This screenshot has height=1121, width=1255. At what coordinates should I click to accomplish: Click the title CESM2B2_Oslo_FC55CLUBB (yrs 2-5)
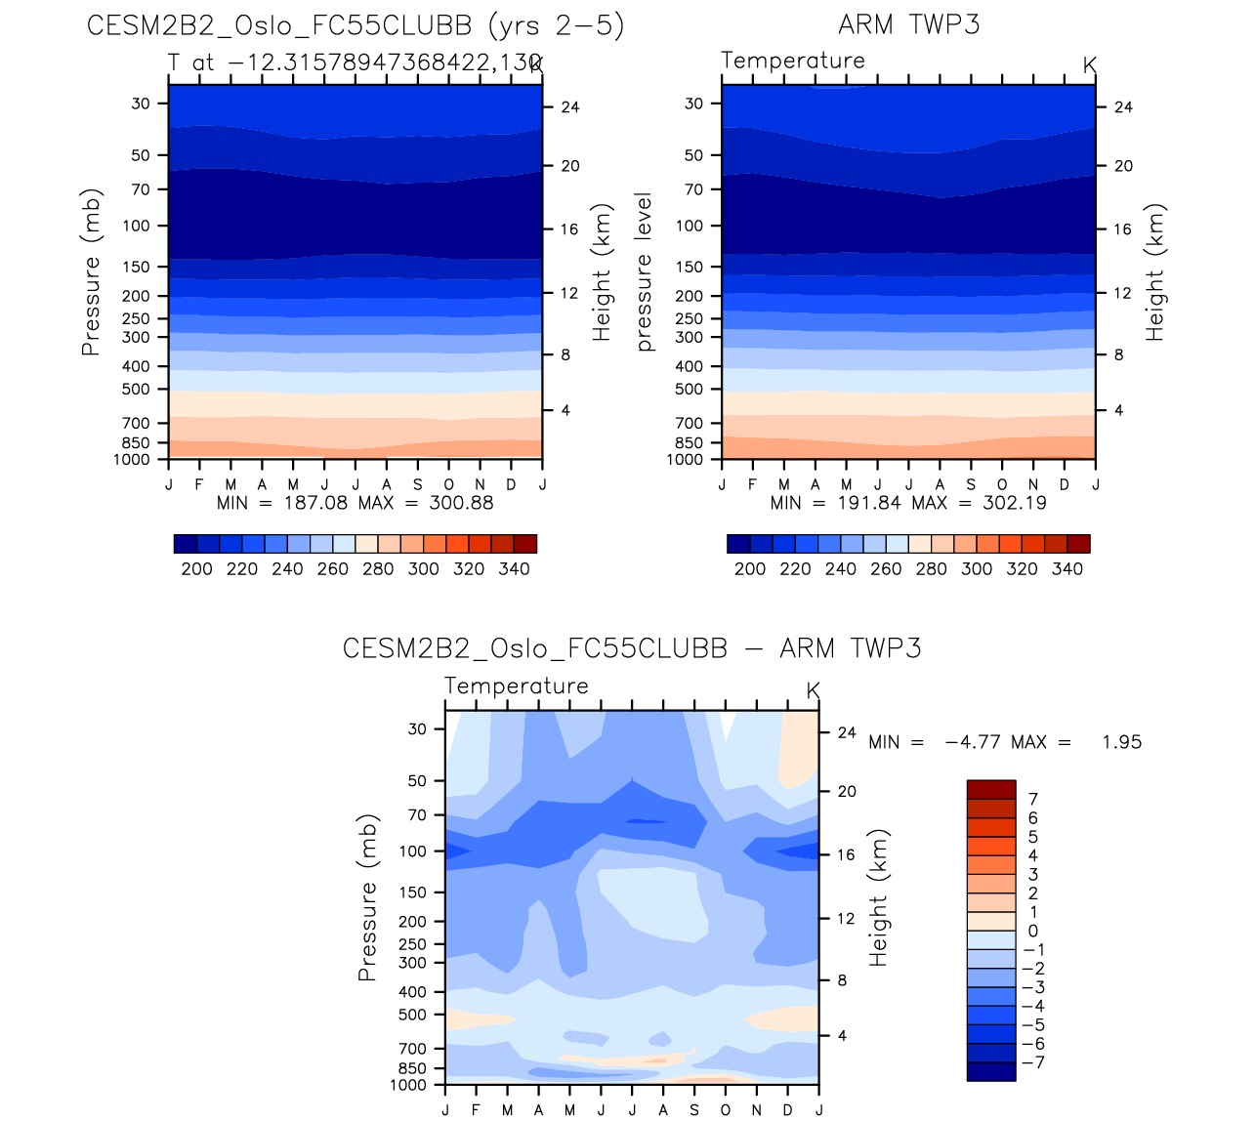click(356, 25)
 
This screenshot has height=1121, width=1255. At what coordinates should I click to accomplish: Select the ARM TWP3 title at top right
click(908, 25)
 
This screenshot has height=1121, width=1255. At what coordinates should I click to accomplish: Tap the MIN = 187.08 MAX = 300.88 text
click(355, 503)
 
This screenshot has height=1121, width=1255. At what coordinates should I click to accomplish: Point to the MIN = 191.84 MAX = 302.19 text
click(908, 503)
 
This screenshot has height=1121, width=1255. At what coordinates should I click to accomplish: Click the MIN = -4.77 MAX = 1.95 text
click(1004, 742)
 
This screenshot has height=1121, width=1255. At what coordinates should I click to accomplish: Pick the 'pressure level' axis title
click(644, 271)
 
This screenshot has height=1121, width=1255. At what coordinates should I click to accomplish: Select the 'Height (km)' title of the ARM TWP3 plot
click(1156, 271)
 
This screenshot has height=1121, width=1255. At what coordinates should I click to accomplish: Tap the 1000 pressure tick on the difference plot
click(408, 1085)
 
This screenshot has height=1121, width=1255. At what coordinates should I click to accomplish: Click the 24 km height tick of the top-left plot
click(570, 107)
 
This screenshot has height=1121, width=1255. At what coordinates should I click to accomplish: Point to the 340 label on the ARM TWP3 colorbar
click(1067, 569)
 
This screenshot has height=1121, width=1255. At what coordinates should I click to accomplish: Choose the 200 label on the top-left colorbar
click(196, 569)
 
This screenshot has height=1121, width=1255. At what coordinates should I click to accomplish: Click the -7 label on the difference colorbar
click(1032, 1062)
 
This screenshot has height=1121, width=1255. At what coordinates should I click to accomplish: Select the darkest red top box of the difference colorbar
click(991, 790)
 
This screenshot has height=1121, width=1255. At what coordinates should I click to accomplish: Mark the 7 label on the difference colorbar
click(1033, 800)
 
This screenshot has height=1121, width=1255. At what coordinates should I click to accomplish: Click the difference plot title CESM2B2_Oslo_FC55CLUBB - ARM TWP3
click(632, 649)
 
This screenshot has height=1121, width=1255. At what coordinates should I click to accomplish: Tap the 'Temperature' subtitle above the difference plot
click(517, 686)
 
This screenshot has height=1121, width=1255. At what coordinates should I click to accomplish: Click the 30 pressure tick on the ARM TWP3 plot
click(693, 104)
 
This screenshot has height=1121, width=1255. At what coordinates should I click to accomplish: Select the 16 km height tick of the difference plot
click(846, 855)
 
